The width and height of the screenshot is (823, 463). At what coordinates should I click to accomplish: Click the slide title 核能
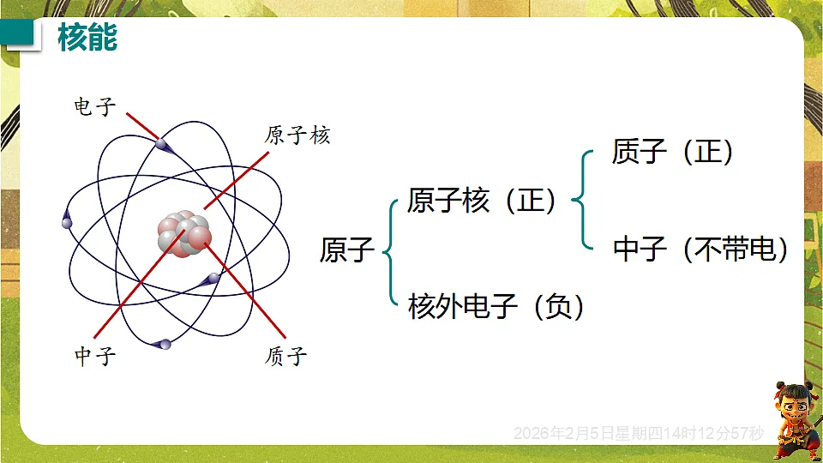[87, 39]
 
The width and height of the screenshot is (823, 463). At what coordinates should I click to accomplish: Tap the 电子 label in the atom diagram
[95, 106]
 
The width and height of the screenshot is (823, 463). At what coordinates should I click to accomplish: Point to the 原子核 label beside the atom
[297, 135]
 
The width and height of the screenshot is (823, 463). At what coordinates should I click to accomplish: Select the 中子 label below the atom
[95, 356]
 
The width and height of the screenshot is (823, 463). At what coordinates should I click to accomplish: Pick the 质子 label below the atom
[286, 356]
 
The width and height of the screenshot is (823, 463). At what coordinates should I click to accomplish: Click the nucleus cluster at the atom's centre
[183, 234]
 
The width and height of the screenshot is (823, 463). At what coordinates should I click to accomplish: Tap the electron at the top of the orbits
[162, 145]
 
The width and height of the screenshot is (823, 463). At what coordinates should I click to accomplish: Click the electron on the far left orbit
[67, 221]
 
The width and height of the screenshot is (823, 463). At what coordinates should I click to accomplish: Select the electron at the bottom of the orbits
[162, 344]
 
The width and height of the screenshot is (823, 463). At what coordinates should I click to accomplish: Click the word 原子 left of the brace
[347, 250]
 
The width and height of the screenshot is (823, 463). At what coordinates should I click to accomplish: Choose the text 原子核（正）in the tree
[481, 201]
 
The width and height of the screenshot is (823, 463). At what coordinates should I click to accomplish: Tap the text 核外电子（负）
[496, 305]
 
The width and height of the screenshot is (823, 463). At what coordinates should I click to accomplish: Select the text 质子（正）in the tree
[673, 152]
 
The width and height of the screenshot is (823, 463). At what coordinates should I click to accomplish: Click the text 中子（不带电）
[700, 249]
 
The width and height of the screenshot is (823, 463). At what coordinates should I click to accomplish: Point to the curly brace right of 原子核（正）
[582, 201]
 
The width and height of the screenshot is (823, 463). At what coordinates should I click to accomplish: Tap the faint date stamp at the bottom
[638, 434]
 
